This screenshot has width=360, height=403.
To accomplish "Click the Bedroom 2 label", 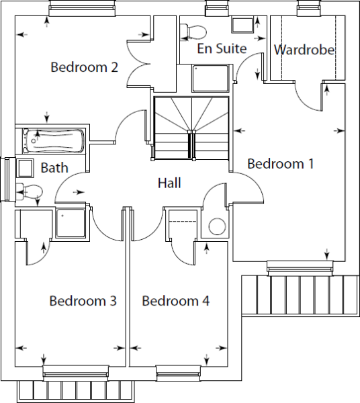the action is [x=84, y=67].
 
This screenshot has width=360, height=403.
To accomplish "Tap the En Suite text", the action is [x=222, y=48].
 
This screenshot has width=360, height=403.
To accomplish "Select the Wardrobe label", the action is [x=304, y=50].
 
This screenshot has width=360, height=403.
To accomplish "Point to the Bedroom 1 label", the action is [x=281, y=163].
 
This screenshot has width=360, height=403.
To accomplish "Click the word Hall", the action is [x=169, y=183].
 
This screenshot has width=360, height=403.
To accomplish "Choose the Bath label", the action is [x=54, y=168].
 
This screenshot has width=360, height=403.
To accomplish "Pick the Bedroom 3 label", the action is [x=83, y=301].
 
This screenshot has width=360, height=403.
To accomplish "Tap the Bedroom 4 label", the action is [x=176, y=301].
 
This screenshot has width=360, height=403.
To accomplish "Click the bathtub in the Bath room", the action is [x=54, y=141].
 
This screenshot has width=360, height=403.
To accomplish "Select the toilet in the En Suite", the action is [x=193, y=32].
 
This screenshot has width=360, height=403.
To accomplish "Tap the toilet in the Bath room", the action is [x=29, y=191].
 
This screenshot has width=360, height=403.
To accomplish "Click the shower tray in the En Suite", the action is [x=210, y=79].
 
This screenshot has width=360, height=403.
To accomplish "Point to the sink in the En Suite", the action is [x=242, y=26].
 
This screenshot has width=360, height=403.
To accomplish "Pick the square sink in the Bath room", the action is [x=25, y=168].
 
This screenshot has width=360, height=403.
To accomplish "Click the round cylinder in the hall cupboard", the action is [x=217, y=226].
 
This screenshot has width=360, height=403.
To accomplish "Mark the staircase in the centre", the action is [x=191, y=128].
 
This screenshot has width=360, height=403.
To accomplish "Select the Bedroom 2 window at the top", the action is [x=82, y=8].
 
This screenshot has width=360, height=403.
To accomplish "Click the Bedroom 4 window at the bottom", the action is [x=179, y=373].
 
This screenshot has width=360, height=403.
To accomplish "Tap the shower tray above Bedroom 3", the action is [x=71, y=223].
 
